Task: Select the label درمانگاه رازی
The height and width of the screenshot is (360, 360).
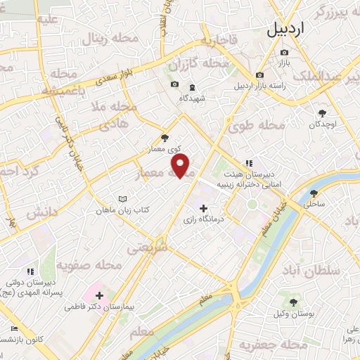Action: coord(203,220)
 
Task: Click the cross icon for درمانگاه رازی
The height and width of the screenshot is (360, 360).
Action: coord(204,208)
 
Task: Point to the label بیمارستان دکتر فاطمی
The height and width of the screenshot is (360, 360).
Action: coord(99,307)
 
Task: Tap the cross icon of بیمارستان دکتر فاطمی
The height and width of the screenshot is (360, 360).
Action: coord(99,295)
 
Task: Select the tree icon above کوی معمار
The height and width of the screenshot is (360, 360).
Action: coord(165,138)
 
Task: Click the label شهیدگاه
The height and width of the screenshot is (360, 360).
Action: coord(192,98)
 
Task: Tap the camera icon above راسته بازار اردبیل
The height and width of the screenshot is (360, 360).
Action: coord(259,75)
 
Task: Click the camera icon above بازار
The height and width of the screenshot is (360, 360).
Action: coord(284,53)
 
